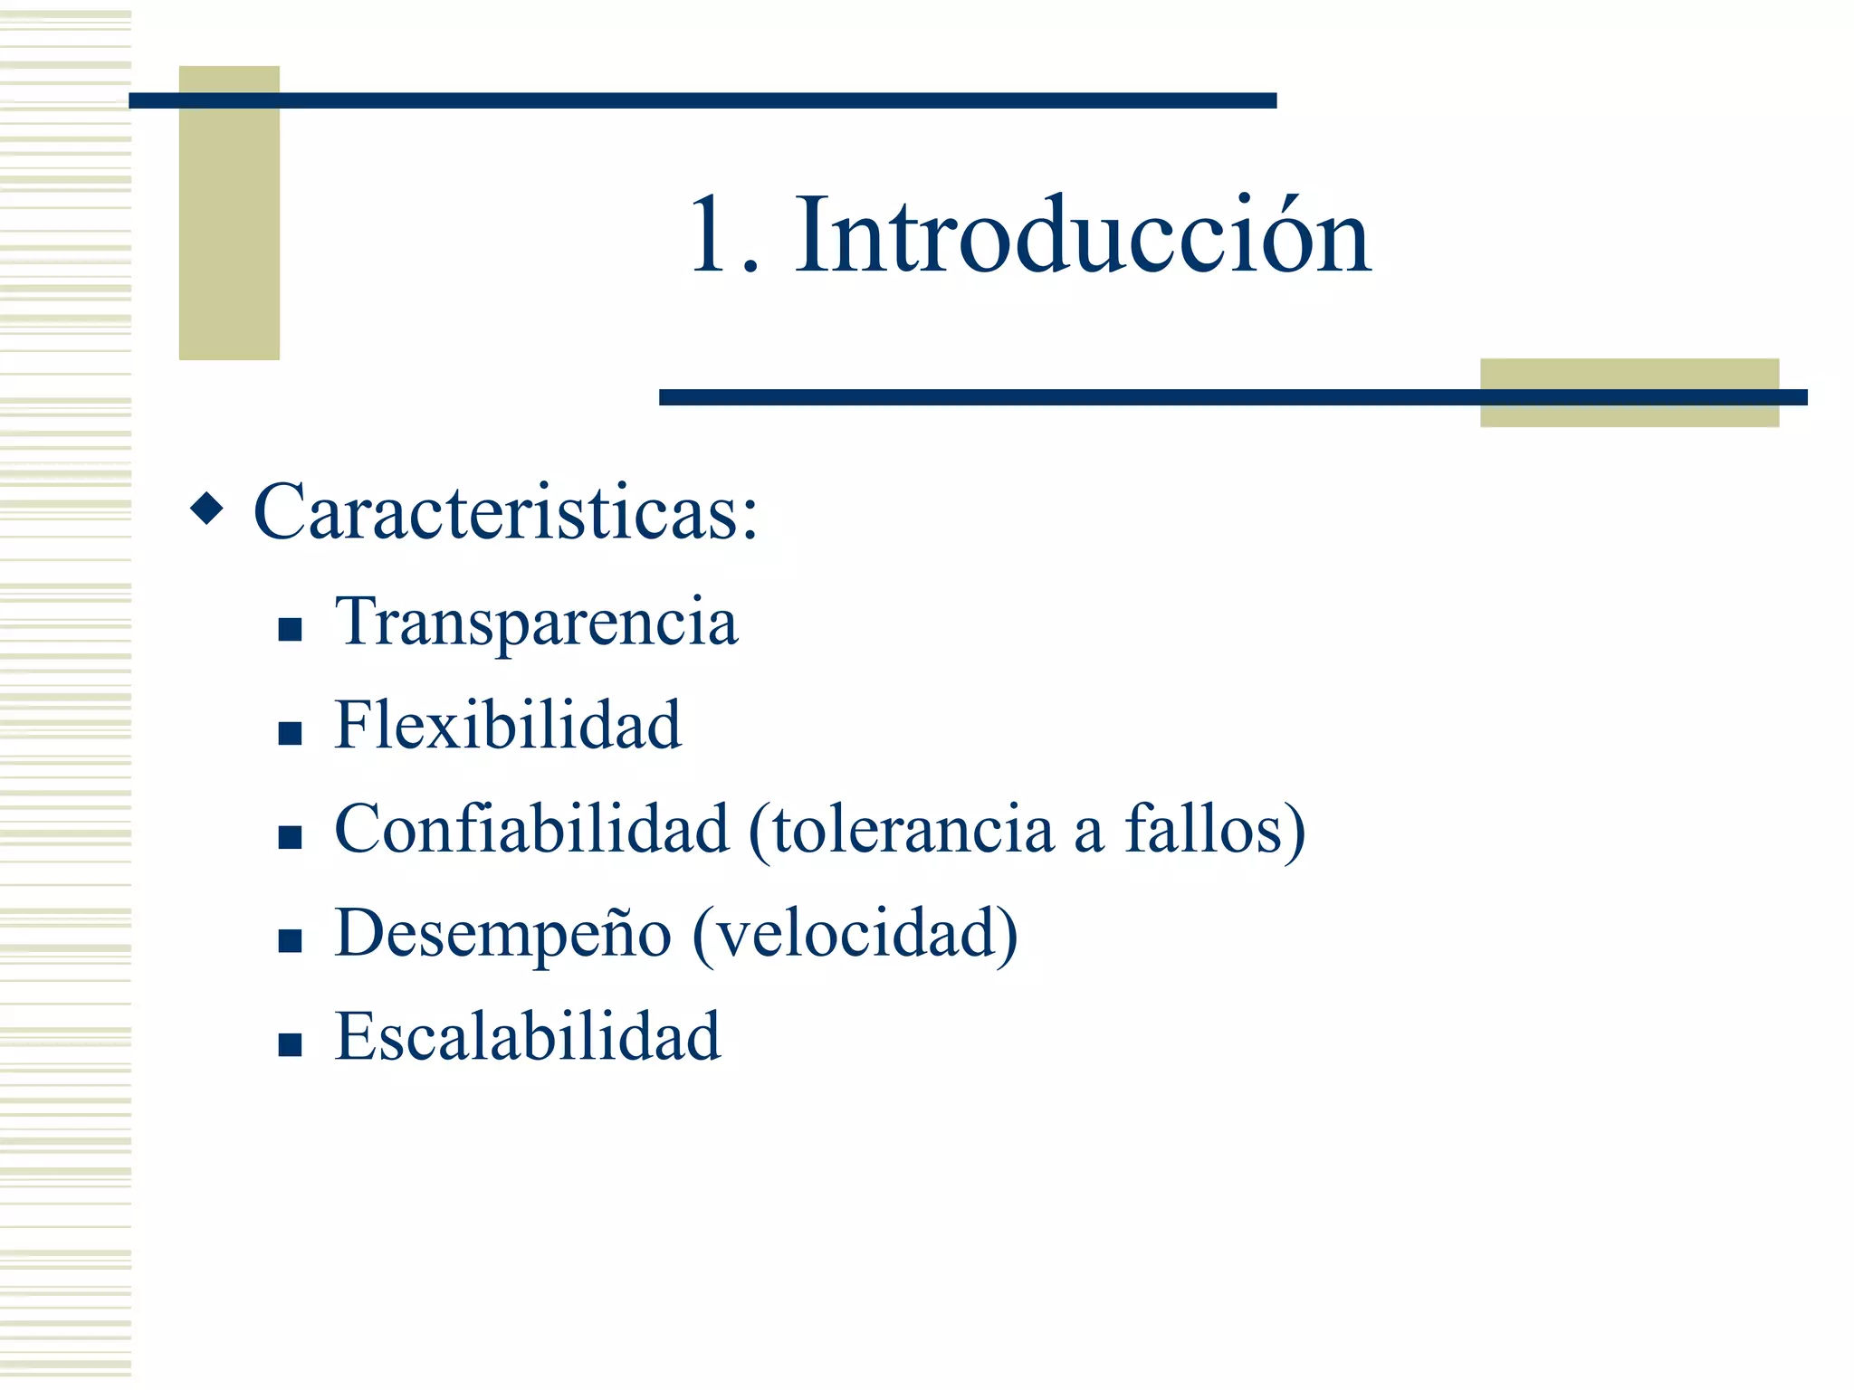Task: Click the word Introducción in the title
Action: (1083, 236)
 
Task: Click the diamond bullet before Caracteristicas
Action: (206, 509)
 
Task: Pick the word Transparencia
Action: (536, 622)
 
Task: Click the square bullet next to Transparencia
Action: (290, 629)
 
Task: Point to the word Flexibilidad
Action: (507, 725)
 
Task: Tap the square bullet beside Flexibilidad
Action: (290, 732)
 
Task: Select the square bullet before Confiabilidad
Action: (290, 836)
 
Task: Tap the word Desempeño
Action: (502, 935)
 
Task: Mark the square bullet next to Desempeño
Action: (290, 941)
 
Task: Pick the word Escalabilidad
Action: (527, 1036)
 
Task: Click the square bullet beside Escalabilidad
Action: (290, 1045)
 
